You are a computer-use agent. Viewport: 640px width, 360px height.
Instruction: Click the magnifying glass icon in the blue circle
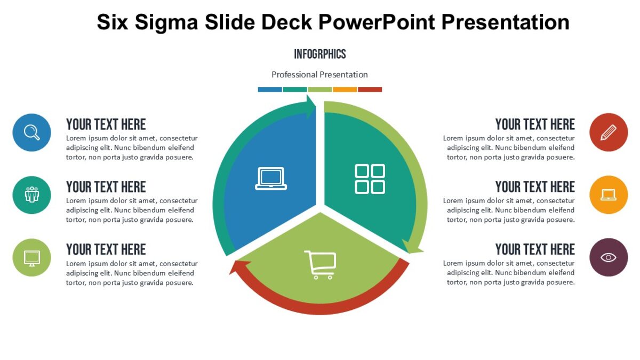point(32,132)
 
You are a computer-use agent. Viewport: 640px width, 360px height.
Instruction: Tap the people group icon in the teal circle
point(32,195)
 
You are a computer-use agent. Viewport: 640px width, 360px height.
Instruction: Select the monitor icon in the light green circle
point(32,258)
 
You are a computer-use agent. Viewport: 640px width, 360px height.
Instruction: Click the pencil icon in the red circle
point(609,132)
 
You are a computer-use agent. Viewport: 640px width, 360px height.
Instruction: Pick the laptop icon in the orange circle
point(609,195)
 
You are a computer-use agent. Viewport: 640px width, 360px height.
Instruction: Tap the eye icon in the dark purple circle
point(609,258)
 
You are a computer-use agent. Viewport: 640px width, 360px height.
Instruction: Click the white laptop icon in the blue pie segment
point(271,179)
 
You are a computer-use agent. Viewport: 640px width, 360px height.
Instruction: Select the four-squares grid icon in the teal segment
point(370,179)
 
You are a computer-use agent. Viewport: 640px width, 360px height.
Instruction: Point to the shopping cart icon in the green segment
point(320,265)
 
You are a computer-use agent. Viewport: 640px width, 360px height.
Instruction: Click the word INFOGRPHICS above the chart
point(320,54)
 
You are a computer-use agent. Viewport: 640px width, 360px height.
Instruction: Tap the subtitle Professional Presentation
point(320,75)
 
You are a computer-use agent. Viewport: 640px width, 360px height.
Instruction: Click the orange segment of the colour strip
point(345,90)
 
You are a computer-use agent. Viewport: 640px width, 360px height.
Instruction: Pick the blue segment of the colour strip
point(270,90)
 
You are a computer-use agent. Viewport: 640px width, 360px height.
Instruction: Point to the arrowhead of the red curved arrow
point(235,266)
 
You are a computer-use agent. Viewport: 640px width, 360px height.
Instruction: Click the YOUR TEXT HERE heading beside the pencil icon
point(535,124)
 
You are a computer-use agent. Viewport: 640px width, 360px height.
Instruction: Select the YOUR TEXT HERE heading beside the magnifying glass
point(106,124)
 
